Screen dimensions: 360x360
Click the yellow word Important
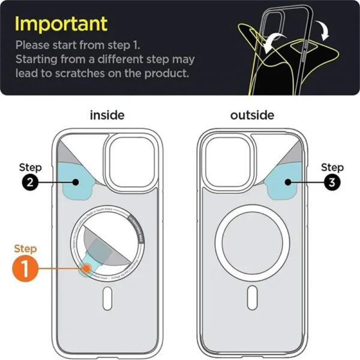click(61, 24)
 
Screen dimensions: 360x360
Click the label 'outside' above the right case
click(252, 115)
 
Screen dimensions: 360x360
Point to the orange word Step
click(25, 248)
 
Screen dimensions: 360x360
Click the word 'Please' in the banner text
click(32, 45)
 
